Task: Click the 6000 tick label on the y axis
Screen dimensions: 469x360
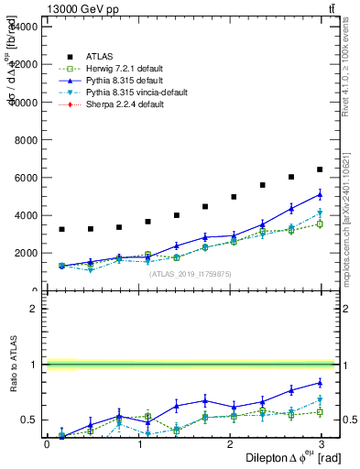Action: [24, 178]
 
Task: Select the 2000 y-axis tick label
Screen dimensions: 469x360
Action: [24, 253]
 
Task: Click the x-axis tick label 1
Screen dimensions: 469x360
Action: [140, 444]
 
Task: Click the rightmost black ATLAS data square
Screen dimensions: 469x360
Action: [320, 169]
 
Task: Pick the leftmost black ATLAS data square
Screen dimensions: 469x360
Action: [61, 229]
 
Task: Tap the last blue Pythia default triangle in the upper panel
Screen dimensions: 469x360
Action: [320, 194]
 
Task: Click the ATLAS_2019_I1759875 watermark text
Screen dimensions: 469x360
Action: [190, 274]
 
